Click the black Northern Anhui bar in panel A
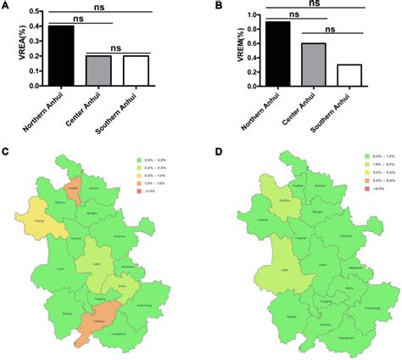61,56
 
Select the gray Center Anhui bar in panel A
98,70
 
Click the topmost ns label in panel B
315,3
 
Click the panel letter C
6,152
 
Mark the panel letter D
229,152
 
